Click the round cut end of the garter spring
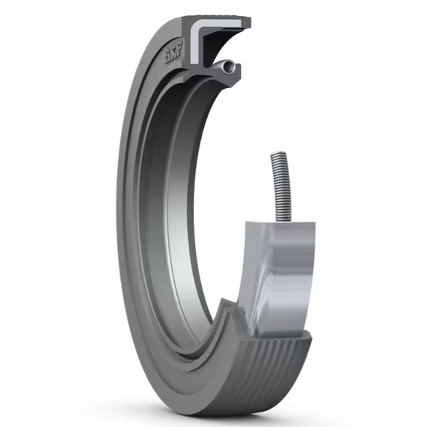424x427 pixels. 230,67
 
